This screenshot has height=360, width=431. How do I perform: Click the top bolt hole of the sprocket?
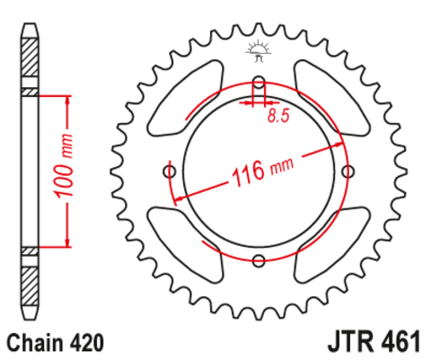pos(259,85)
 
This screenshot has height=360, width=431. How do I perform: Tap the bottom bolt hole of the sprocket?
pos(259,261)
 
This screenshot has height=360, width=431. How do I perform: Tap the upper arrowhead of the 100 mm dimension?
pos(66,97)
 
